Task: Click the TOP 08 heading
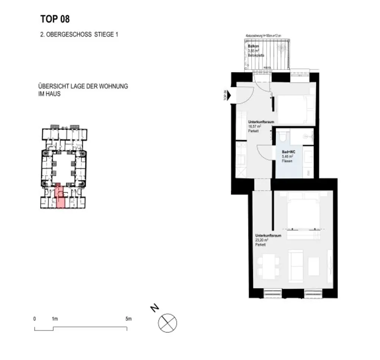(55, 19)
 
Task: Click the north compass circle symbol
(167, 322)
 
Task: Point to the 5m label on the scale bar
(128, 319)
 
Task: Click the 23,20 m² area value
(261, 240)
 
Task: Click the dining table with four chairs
(268, 266)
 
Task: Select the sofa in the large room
(296, 266)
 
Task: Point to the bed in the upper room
(295, 110)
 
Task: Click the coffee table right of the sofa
(314, 266)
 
